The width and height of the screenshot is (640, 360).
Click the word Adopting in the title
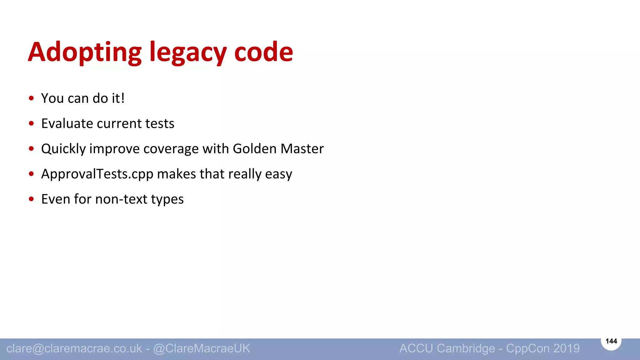(x=85, y=52)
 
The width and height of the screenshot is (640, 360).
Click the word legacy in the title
(x=188, y=52)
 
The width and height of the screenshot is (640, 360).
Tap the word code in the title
(x=263, y=52)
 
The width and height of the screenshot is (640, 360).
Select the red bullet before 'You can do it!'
(x=31, y=98)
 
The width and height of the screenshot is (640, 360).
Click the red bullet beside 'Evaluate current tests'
(x=31, y=123)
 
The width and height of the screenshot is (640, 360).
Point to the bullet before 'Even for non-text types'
(x=31, y=199)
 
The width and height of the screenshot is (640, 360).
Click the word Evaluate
(x=67, y=123)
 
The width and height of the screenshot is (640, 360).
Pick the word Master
(x=302, y=149)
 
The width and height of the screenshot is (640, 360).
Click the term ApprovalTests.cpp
(x=97, y=174)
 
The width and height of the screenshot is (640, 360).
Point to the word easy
(x=278, y=174)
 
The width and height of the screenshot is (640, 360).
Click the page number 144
(x=611, y=341)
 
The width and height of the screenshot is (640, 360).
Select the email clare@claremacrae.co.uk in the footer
(x=74, y=348)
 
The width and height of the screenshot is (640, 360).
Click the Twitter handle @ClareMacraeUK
(x=202, y=348)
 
